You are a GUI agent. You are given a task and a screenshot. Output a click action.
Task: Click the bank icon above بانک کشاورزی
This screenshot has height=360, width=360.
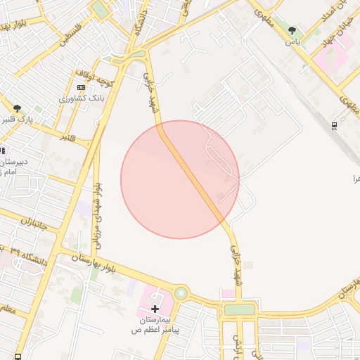tap(81, 87)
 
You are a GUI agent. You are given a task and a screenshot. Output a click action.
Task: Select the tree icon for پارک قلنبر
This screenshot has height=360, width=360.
tap(17, 108)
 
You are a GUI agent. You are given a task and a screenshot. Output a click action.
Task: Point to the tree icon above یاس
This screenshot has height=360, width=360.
tap(292, 31)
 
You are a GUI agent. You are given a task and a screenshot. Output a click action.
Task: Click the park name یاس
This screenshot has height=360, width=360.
tap(292, 41)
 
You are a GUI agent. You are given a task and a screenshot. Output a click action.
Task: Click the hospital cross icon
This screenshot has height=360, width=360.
tap(155, 309)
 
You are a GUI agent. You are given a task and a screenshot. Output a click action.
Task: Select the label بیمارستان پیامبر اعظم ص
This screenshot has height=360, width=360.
tap(155, 323)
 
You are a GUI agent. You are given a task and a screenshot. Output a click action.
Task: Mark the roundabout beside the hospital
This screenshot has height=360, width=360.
tap(182, 292)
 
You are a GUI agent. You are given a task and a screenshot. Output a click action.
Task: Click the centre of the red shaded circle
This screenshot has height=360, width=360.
tap(180, 179)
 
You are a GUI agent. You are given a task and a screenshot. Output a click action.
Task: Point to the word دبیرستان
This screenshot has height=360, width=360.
tap(15, 162)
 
